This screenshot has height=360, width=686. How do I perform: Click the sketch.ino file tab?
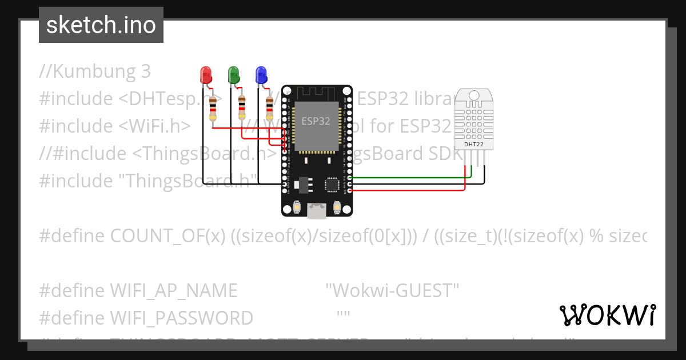click(101, 25)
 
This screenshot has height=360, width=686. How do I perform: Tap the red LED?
click(205, 75)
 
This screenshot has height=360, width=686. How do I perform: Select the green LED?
click(233, 75)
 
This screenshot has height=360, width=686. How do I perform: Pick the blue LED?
click(261, 75)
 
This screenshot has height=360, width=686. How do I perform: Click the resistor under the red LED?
click(213, 109)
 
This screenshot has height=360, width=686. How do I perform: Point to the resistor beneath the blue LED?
click(270, 109)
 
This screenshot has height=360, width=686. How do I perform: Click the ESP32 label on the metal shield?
click(316, 121)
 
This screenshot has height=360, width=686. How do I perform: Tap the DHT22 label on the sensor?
click(474, 145)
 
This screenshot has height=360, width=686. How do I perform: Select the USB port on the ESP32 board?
click(317, 210)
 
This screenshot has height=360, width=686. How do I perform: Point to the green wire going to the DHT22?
click(412, 178)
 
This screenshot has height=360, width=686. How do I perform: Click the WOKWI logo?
click(607, 315)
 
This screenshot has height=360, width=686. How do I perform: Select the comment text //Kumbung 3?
click(95, 71)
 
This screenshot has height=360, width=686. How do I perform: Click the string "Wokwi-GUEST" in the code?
click(392, 291)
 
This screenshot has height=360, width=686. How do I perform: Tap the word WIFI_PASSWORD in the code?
click(181, 318)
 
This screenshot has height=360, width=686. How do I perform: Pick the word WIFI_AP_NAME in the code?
click(173, 291)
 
